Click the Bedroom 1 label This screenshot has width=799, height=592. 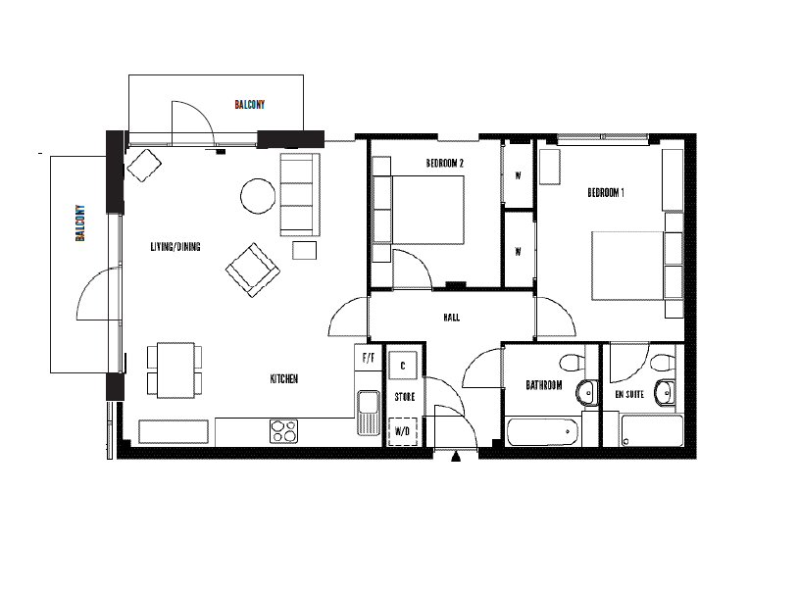coord(606,192)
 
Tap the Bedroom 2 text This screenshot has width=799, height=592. coord(445,163)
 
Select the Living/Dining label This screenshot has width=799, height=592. coord(175,247)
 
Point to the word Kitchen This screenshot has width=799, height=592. coord(284,378)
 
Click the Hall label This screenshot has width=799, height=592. coord(452,318)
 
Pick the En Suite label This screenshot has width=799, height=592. coord(629,394)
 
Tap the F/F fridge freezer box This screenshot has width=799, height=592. coord(368,358)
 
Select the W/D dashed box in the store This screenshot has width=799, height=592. coord(403,431)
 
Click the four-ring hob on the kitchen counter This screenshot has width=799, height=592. coord(284,431)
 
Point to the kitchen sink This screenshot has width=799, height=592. coord(368,413)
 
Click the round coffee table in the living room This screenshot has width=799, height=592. coord(259,196)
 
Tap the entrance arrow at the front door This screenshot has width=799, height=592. coord(456,457)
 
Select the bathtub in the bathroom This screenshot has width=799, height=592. coord(543,432)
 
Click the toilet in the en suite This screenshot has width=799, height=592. coord(663,363)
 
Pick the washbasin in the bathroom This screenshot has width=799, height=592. coord(587,393)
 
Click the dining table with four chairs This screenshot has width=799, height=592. coord(175,370)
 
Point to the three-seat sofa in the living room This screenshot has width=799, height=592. coord(300,195)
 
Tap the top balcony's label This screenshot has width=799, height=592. coord(250,105)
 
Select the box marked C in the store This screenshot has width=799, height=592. coord(403,366)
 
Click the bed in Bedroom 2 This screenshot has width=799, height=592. coord(419,210)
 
